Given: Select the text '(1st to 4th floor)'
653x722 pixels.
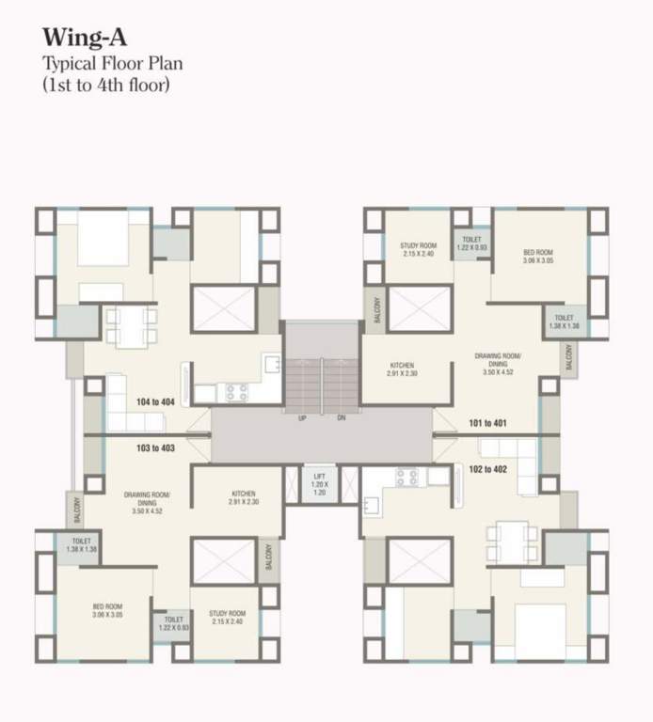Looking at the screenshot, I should pyautogui.click(x=104, y=83).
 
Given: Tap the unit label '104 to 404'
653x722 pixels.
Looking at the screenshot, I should pyautogui.click(x=156, y=401).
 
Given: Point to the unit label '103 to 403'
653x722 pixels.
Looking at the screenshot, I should pyautogui.click(x=156, y=448).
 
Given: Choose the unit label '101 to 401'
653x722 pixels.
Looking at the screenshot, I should pyautogui.click(x=486, y=423).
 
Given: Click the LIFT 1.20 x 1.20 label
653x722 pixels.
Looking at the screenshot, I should pyautogui.click(x=319, y=482).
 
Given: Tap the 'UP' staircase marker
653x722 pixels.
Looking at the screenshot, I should pyautogui.click(x=302, y=417).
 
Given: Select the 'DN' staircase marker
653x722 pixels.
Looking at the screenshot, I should pyautogui.click(x=342, y=417).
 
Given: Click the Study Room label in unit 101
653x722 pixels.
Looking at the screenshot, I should pyautogui.click(x=418, y=250).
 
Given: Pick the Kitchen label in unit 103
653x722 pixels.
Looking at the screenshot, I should pyautogui.click(x=243, y=498).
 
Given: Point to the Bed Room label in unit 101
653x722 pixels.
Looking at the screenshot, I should pyautogui.click(x=537, y=257).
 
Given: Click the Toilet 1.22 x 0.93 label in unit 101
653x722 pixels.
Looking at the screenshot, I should pyautogui.click(x=471, y=243).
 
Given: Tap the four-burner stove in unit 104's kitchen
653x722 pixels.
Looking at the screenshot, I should pyautogui.click(x=234, y=391).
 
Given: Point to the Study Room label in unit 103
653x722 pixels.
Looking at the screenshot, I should pyautogui.click(x=228, y=618).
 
